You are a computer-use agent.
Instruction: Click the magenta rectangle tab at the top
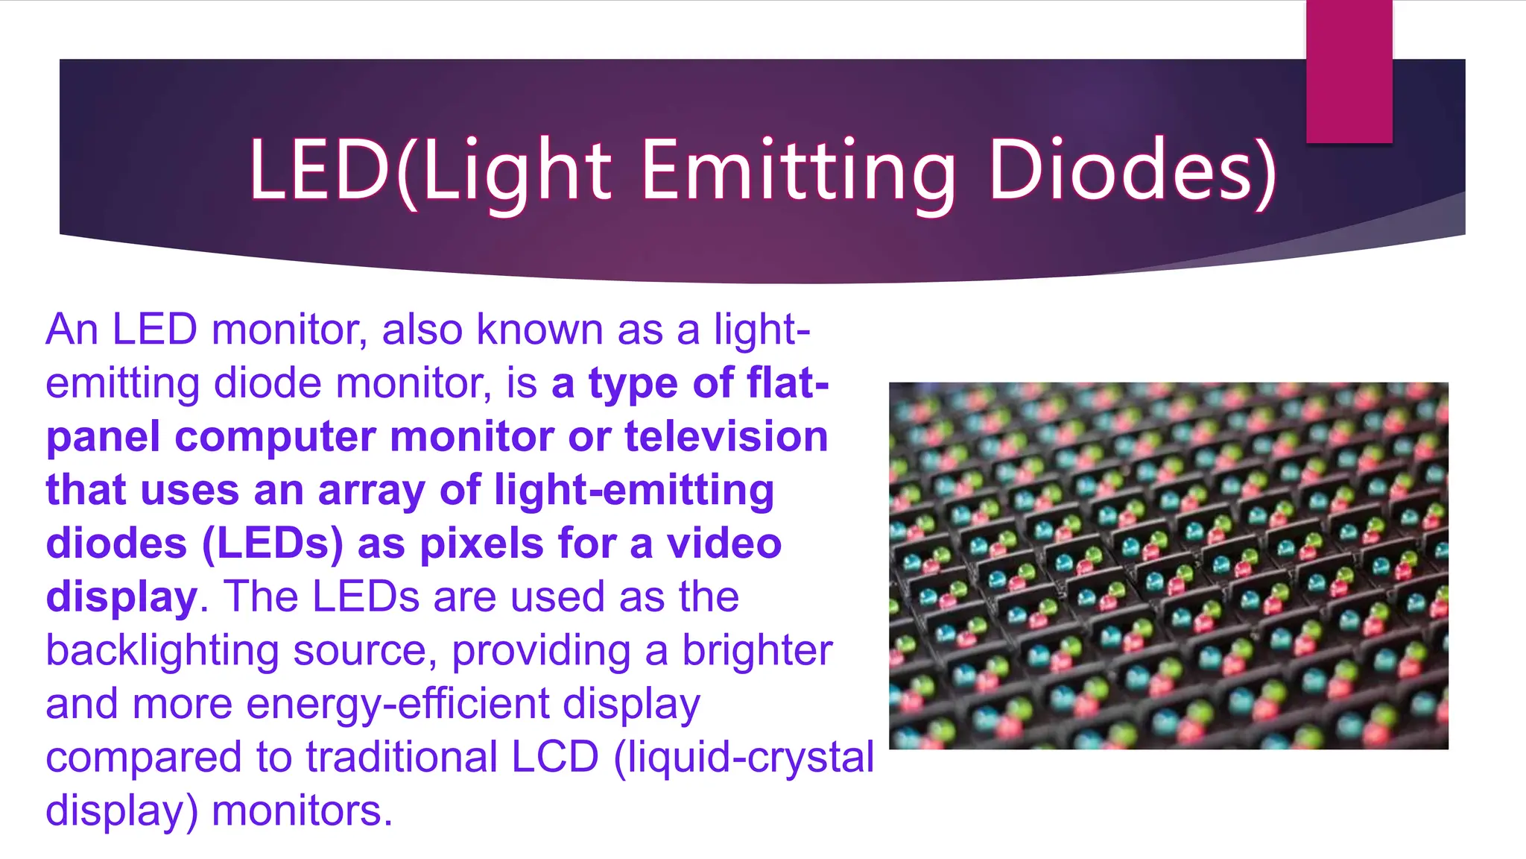pos(1349,71)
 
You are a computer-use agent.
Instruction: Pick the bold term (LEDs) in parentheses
pos(273,544)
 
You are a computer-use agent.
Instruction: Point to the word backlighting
pos(162,650)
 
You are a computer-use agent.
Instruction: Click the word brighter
pos(757,650)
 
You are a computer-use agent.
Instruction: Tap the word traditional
pos(402,757)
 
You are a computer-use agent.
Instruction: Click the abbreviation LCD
pos(555,757)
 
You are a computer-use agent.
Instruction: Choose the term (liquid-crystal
pos(744,757)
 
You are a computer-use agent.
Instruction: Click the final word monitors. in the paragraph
pos(302,811)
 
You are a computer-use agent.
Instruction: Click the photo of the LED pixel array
pos(1168,565)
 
